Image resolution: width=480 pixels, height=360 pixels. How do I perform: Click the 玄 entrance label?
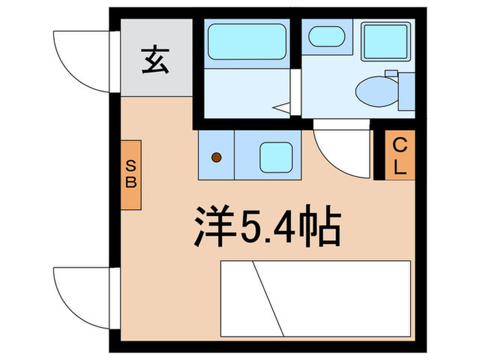[156, 61]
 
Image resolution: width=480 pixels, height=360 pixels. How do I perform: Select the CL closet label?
[399, 155]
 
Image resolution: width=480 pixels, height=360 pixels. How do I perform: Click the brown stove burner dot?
[215, 158]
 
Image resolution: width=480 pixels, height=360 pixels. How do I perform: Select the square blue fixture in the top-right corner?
[383, 40]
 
